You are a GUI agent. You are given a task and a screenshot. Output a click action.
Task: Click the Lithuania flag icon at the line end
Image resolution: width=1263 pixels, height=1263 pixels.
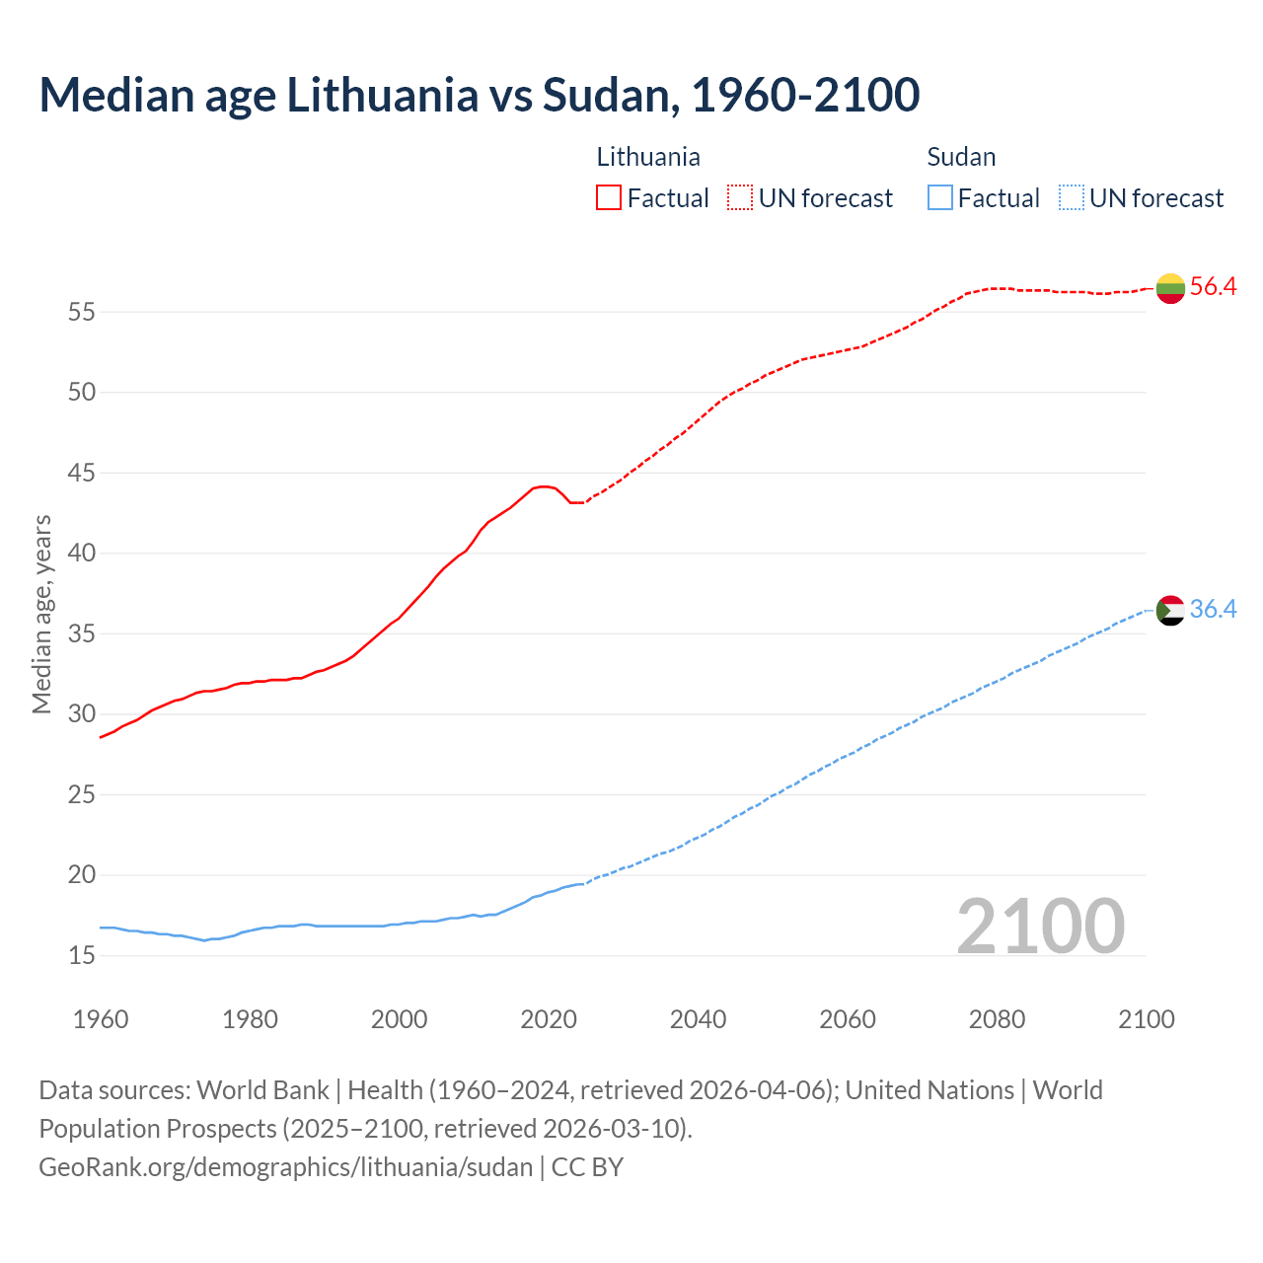pos(1170,288)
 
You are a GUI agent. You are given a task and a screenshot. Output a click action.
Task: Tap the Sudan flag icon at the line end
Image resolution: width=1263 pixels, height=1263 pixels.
pos(1170,610)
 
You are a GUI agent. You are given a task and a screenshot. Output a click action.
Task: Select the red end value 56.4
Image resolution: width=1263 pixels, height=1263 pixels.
pos(1213,287)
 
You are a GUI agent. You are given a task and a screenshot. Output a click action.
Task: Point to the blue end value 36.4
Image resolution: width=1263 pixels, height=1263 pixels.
pos(1213,610)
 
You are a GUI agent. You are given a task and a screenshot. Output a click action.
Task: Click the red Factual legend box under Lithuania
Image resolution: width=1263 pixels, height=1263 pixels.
pos(609,198)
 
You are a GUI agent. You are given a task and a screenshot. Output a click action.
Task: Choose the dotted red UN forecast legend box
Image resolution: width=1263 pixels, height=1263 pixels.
pos(740,198)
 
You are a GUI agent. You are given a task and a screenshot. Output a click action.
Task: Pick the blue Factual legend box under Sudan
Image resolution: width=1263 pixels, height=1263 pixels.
pos(940,198)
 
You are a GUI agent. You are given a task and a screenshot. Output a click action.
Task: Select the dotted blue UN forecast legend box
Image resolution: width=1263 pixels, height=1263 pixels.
pos(1072,198)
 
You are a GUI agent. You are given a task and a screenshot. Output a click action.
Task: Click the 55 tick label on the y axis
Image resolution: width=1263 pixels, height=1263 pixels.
pos(82,313)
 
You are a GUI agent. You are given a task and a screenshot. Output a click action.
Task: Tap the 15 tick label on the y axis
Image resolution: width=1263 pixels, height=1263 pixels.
pos(82,955)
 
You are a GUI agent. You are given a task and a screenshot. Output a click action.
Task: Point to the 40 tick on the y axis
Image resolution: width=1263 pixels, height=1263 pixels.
pos(82,554)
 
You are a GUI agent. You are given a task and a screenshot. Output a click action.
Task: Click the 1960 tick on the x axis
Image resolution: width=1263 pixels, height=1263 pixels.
pos(101,1019)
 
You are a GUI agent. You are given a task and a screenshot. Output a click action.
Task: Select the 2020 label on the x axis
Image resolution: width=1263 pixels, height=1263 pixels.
pos(549,1019)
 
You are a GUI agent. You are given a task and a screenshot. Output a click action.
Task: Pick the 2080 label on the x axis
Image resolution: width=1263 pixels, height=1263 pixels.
pos(997,1019)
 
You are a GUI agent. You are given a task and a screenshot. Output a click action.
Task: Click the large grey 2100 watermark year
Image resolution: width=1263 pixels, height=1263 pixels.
pos(1041,926)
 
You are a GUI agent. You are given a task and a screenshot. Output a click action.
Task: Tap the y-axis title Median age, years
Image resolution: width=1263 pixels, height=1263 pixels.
pos(41,614)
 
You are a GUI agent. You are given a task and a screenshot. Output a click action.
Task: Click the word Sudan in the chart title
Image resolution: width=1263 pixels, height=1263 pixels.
pos(606,95)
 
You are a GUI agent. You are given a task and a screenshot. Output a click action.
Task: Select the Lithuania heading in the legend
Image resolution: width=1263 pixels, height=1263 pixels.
pos(648,157)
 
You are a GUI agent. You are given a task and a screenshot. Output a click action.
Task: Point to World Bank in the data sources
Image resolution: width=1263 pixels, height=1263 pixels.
pos(262,1090)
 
